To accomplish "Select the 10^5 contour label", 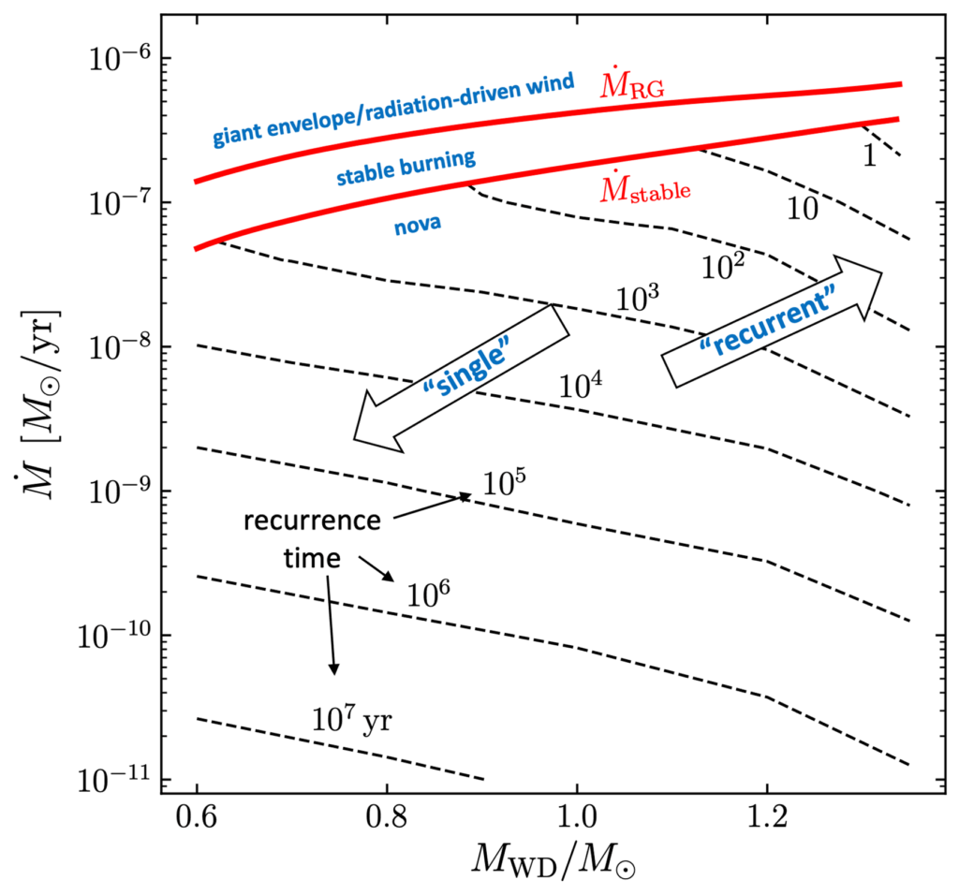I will tap(506, 483).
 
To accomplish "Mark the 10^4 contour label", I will tap(581, 385).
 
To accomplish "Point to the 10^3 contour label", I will tap(639, 300).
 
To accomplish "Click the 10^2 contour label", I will tap(724, 266).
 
